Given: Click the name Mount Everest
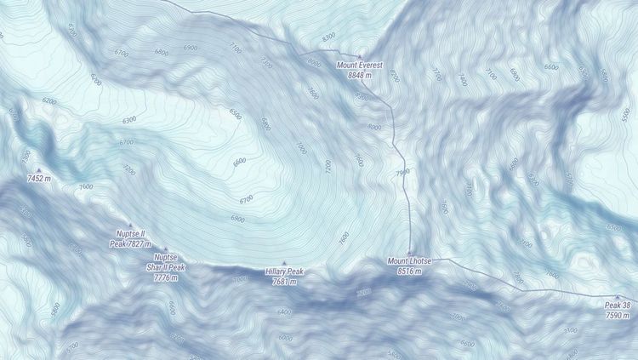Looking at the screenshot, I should click(x=360, y=65).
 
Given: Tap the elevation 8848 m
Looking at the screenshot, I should click(x=360, y=75).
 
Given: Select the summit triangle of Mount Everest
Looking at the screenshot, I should click(x=360, y=56).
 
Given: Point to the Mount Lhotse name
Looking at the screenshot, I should click(x=410, y=260).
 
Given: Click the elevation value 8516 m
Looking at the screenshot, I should click(x=410, y=271).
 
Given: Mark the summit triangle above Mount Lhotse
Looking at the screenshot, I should click(x=410, y=252).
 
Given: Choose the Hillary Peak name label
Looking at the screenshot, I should click(x=284, y=271).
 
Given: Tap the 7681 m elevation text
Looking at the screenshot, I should click(x=284, y=282).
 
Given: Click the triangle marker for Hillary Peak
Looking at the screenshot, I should click(x=284, y=263).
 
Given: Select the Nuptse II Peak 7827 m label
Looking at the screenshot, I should click(x=130, y=238).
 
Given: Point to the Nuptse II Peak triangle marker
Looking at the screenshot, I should click(x=130, y=226).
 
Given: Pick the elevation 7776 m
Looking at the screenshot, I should click(x=166, y=277).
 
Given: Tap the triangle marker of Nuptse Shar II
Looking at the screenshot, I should click(x=166, y=249).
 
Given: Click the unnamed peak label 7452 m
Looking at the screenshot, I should click(x=38, y=180).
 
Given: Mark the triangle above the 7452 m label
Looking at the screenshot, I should click(x=38, y=170).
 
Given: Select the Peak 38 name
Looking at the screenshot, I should click(x=618, y=306).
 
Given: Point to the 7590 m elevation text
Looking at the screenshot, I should click(x=618, y=316).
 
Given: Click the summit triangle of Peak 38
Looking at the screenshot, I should click(x=618, y=297).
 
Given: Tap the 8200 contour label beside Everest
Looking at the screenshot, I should click(x=362, y=96).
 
